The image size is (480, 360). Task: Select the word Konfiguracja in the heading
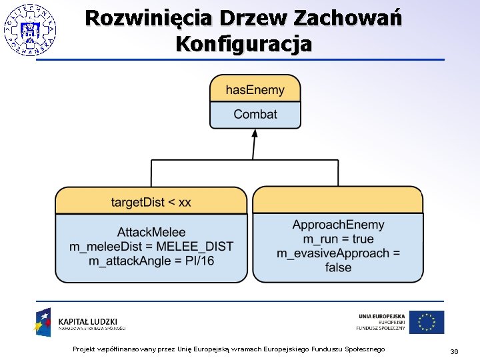point(243,44)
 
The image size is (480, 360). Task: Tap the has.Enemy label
point(255,90)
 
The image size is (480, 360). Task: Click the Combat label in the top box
point(255,114)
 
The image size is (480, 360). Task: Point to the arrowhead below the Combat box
point(255,133)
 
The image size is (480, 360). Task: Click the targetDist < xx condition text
point(151,202)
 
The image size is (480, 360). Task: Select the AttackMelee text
point(151,232)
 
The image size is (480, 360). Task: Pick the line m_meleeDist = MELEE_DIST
point(151,246)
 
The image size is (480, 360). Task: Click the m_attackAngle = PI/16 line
point(151,260)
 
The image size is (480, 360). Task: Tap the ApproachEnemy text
point(338,225)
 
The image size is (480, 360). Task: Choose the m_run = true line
point(338,239)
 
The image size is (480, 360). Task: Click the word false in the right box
point(338,267)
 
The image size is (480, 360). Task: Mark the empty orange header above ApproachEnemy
point(338,200)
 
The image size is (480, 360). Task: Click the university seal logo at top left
point(30,29)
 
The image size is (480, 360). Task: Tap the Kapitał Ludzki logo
point(80,323)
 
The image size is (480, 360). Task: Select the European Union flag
point(427,322)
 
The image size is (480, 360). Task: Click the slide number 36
point(454,351)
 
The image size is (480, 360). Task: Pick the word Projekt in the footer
point(85,350)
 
